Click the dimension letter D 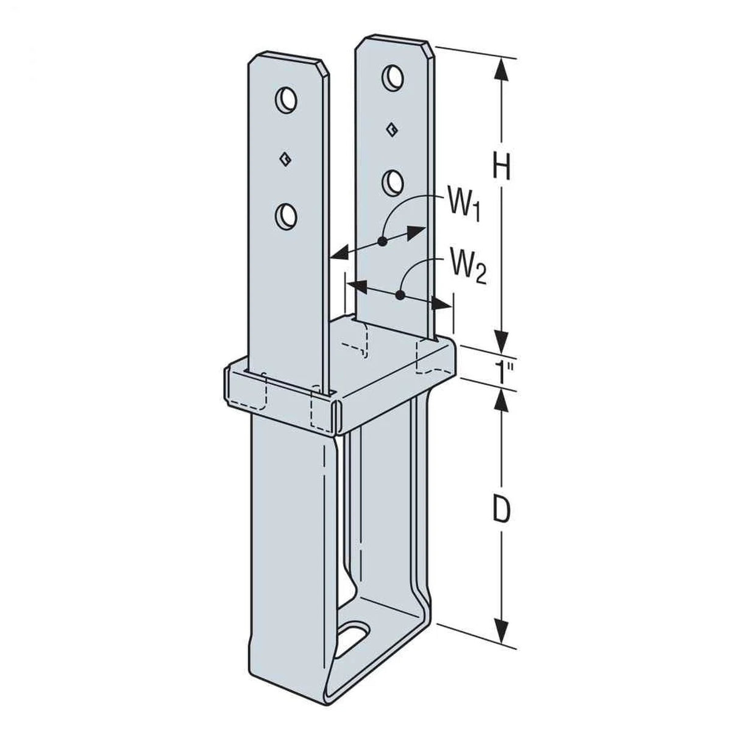pos(500,511)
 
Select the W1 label pos(465,208)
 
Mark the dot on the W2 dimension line pos(400,296)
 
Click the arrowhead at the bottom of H pos(501,338)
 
